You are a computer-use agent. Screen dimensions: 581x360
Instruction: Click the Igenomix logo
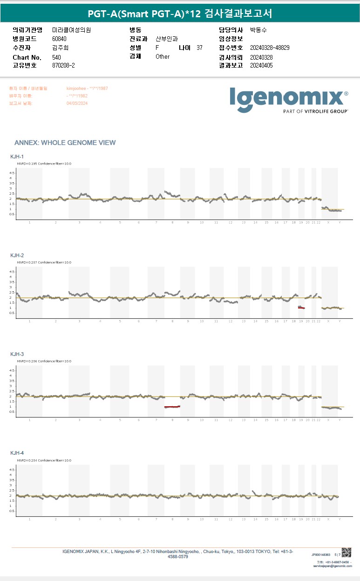point(289,99)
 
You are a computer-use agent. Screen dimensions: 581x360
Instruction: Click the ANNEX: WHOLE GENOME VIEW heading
point(65,143)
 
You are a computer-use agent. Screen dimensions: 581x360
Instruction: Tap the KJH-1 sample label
point(17,157)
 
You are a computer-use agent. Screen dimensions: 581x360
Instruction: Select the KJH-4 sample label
point(17,453)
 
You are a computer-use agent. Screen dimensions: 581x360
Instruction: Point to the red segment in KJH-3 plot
point(172,407)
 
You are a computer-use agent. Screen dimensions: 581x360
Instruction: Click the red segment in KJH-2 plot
point(301,308)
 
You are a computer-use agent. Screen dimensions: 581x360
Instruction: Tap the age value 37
point(199,48)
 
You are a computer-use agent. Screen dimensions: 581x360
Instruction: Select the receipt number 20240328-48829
point(270,48)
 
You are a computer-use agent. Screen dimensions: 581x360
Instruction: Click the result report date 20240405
point(261,66)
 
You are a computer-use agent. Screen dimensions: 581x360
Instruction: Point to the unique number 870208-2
point(64,66)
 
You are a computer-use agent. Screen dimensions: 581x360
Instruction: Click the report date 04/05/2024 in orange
point(77,103)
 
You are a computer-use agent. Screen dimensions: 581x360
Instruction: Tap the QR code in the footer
point(346,553)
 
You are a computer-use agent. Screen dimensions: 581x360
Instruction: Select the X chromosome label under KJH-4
point(328,519)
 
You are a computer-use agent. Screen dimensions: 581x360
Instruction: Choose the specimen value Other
point(163,56)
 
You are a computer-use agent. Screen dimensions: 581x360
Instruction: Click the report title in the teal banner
point(180,14)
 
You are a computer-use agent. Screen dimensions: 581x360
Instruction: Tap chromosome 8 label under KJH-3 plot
point(172,420)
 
